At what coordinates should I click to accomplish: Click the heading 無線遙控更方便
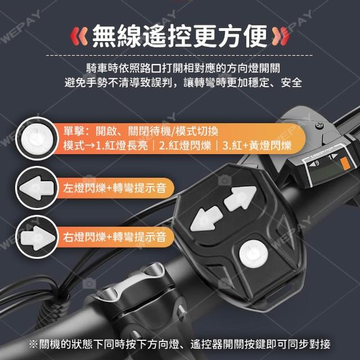tap(180, 36)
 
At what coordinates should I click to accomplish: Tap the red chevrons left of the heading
tap(79, 36)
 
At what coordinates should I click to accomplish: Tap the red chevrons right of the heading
tap(281, 36)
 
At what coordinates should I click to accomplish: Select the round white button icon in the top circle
tap(37, 139)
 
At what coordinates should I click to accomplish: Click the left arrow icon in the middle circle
tap(37, 188)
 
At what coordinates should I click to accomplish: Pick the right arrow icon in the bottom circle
tap(38, 238)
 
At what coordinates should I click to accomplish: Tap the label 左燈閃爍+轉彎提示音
tap(115, 188)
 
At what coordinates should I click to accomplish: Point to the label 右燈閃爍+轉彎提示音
tap(115, 237)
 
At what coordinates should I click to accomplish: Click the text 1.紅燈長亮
tap(121, 145)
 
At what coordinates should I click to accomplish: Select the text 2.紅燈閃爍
tap(185, 145)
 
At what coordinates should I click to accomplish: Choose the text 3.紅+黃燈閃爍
tap(257, 145)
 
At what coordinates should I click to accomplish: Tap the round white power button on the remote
tap(254, 254)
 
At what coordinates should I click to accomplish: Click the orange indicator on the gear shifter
tap(345, 163)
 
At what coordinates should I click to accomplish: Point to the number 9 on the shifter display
tap(317, 163)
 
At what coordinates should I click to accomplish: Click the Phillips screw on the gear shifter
tap(319, 125)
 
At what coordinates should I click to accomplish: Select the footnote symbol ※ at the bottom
tap(33, 344)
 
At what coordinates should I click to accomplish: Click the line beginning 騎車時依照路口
tap(183, 67)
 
